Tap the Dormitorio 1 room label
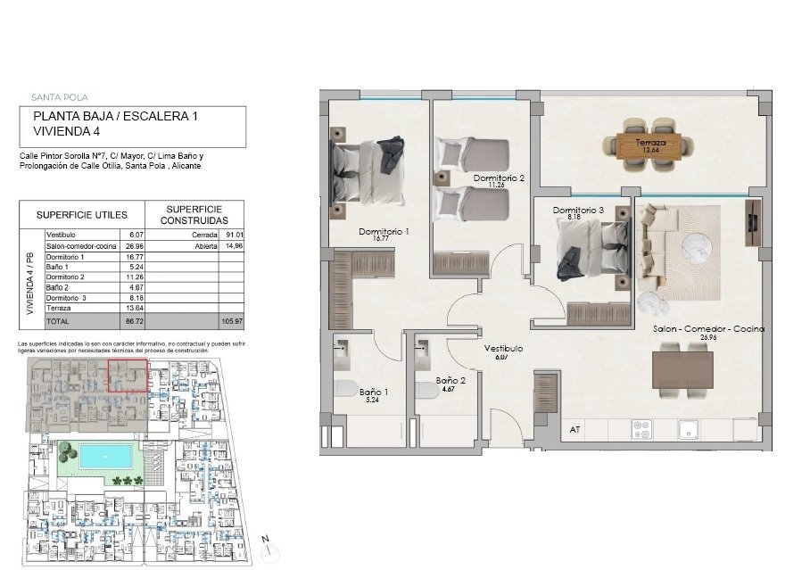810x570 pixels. click(x=384, y=232)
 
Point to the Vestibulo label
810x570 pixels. click(x=503, y=349)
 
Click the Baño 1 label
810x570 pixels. click(x=374, y=392)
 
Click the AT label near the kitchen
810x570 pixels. click(x=574, y=430)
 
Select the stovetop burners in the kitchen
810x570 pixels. click(x=642, y=429)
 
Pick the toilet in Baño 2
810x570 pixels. click(x=425, y=389)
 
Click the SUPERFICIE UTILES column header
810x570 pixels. click(x=81, y=215)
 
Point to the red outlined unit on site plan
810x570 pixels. click(x=128, y=376)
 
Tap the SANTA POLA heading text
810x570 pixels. click(x=59, y=97)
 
